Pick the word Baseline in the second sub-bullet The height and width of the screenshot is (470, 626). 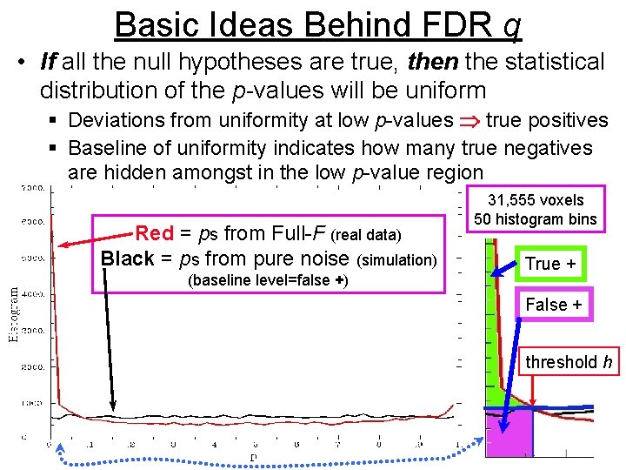coord(104,148)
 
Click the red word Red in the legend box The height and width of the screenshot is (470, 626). coord(155,233)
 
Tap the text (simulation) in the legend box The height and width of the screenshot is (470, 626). coord(399,260)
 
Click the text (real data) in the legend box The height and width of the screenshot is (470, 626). coord(368,234)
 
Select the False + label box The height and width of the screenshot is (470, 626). coord(554,305)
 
